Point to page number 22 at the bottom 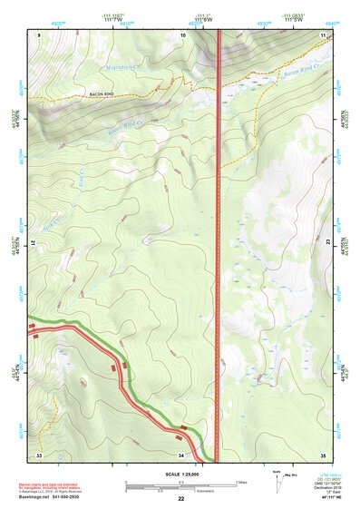(x=180, y=499)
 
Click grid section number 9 (x=39, y=34)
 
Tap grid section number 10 (x=183, y=34)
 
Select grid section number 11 (x=323, y=34)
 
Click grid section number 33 (x=39, y=454)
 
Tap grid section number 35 (x=323, y=454)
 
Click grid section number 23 (x=326, y=243)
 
